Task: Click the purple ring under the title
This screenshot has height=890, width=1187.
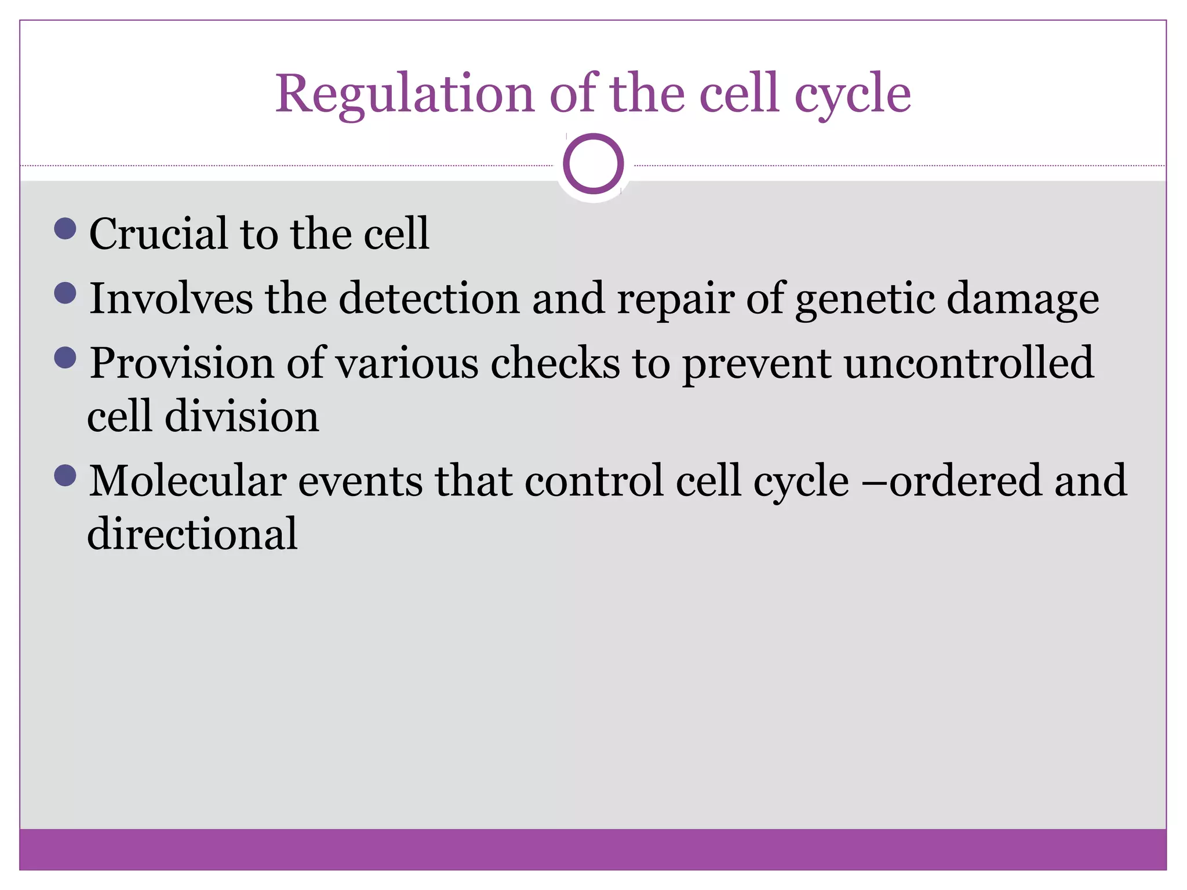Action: [593, 163]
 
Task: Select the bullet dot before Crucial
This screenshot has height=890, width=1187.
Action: [65, 228]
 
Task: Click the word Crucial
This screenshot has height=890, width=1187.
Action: [158, 234]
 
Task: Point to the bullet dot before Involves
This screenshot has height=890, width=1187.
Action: [65, 293]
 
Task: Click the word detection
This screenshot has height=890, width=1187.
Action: [429, 298]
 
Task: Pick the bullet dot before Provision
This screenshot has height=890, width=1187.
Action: [65, 358]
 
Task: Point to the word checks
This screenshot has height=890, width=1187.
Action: [555, 363]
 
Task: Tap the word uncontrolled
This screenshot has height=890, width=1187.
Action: [968, 363]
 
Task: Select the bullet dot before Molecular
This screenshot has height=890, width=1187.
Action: [65, 476]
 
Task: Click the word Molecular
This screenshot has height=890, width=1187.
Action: [187, 482]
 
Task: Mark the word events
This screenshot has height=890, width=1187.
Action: [360, 482]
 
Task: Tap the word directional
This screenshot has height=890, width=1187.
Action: [192, 534]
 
